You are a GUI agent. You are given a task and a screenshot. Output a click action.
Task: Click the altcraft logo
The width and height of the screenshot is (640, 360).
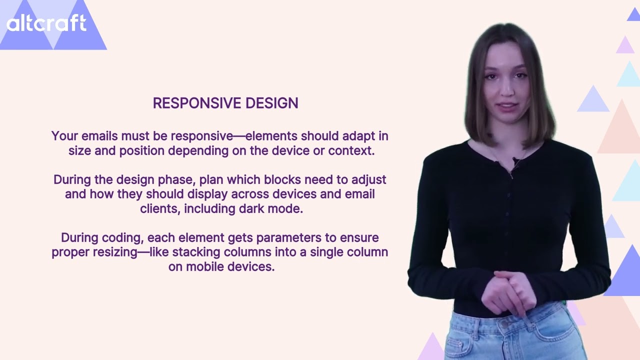coord(46,23)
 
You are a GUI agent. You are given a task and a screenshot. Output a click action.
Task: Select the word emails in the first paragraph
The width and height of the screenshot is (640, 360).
coord(99,136)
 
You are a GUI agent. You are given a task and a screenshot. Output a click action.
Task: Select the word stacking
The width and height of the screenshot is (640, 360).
coord(196,252)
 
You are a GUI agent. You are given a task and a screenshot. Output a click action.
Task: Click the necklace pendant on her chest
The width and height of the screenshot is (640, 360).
coord(511,174)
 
